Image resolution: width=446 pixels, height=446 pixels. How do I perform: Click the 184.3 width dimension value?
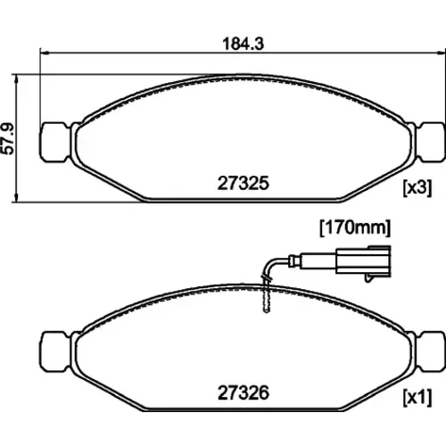click(244, 44)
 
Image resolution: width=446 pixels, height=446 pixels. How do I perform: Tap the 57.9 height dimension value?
click(8, 139)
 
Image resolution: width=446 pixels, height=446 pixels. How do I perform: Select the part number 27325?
click(244, 183)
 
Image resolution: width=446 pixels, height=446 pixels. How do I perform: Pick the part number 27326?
click(244, 392)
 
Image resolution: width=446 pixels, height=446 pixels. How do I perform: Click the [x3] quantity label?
click(417, 188)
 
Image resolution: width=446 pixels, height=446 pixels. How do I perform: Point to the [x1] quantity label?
click(417, 398)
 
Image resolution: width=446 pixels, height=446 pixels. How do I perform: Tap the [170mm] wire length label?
click(355, 228)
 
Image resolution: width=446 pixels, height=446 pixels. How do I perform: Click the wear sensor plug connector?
click(363, 261)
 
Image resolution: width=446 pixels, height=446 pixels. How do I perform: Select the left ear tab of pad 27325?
click(56, 142)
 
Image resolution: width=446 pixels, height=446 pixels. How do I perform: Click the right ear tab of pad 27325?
click(430, 142)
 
